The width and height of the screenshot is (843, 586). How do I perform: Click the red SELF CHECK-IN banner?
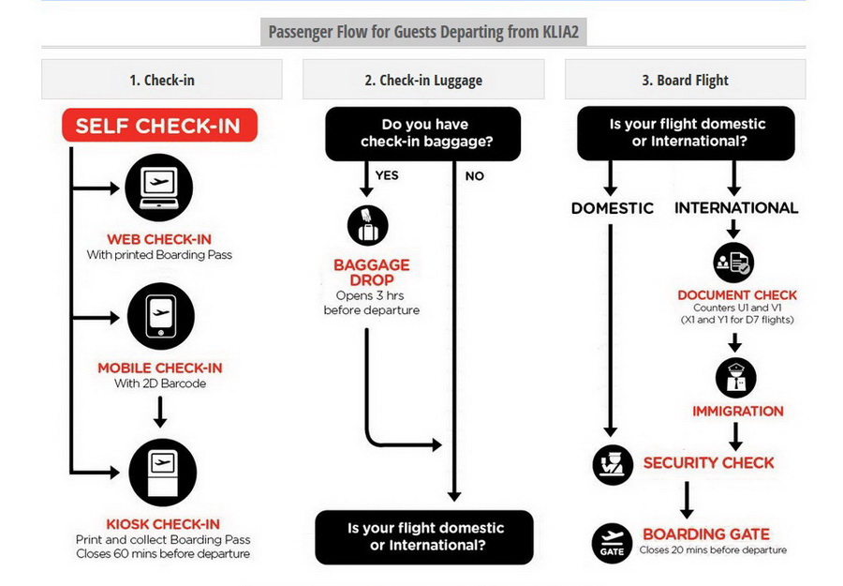pos(159,126)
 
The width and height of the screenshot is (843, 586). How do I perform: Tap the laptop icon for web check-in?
pos(158,188)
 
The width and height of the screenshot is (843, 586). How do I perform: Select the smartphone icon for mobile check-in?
pos(161,316)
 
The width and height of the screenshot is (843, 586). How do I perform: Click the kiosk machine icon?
pos(163,473)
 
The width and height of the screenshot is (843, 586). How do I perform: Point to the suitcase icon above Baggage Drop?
pos(368,225)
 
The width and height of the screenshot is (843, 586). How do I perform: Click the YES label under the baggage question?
pos(387,175)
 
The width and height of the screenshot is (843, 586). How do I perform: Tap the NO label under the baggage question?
pos(474,176)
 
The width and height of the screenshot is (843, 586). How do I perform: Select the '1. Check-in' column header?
pos(162,80)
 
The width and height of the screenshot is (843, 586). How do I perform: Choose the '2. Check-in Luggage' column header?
pos(423,80)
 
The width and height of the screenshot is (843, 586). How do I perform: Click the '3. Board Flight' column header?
pos(685,80)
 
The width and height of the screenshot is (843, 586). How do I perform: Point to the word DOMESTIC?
pos(613,208)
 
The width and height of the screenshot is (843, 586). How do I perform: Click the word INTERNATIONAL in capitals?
pos(736,208)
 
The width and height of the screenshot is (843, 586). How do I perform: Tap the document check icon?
pos(733,263)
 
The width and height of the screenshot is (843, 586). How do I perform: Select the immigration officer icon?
pos(735,378)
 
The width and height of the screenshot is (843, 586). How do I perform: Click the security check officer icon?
pos(613,465)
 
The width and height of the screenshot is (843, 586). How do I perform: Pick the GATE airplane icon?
pos(612,543)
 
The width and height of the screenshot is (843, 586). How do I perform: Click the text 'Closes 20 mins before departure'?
pos(713,550)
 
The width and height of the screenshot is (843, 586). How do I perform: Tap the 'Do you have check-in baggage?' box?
pos(423,133)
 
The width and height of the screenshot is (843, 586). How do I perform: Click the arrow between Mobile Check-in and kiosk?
pos(160,413)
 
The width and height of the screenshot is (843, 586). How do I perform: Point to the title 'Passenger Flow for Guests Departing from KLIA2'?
pos(423,32)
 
